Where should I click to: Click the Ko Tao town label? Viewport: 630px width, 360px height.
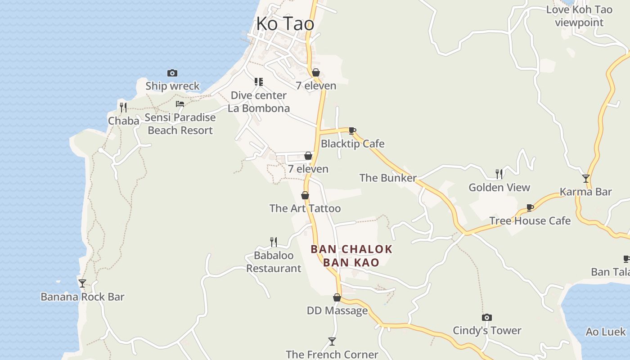pyautogui.click(x=285, y=24)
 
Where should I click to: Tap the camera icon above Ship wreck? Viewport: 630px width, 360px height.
pyautogui.click(x=172, y=73)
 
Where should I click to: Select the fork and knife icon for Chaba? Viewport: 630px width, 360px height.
pyautogui.click(x=123, y=107)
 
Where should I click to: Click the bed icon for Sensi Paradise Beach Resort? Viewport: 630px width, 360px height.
pyautogui.click(x=180, y=104)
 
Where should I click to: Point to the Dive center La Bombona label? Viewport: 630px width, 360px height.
pyautogui.click(x=259, y=102)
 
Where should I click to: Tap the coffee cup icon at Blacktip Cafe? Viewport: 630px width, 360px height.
pyautogui.click(x=352, y=131)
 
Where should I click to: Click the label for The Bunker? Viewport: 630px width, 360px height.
pyautogui.click(x=388, y=178)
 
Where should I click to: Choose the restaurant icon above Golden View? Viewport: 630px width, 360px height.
pyautogui.click(x=499, y=174)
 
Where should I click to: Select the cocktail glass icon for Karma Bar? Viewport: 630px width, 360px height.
pyautogui.click(x=585, y=178)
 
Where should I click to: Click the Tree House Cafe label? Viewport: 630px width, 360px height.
pyautogui.click(x=530, y=220)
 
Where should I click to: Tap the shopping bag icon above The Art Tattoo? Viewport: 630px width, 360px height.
pyautogui.click(x=305, y=195)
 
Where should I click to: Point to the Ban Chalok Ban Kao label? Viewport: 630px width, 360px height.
pyautogui.click(x=351, y=256)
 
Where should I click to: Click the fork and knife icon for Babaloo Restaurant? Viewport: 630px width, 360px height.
pyautogui.click(x=274, y=242)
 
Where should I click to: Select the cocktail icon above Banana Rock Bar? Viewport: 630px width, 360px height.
pyautogui.click(x=82, y=283)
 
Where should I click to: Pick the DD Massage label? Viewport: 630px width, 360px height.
pyautogui.click(x=337, y=310)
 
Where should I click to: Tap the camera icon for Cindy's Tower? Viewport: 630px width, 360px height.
pyautogui.click(x=486, y=317)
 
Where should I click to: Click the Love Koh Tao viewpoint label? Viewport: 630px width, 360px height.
pyautogui.click(x=579, y=16)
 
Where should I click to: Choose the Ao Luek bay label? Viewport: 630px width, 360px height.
pyautogui.click(x=605, y=332)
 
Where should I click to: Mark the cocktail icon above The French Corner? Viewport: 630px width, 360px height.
pyautogui.click(x=332, y=341)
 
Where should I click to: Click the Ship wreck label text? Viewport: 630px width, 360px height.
pyautogui.click(x=172, y=86)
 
